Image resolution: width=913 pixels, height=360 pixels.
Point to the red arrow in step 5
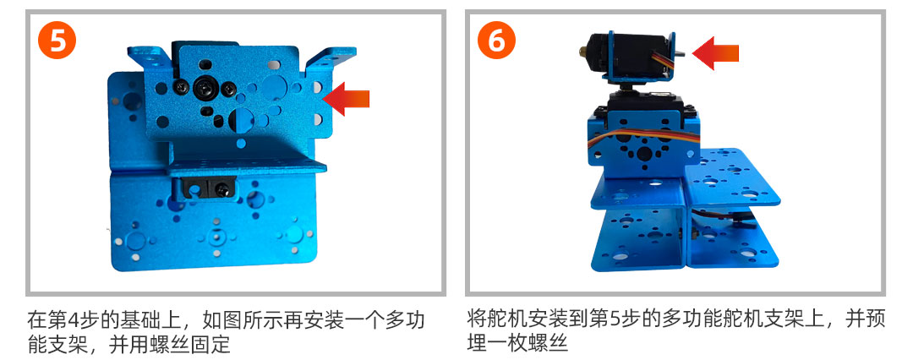tap(347, 98)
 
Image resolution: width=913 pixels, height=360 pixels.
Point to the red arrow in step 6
tap(716, 53)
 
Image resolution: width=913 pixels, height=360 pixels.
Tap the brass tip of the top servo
tap(582, 50)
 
